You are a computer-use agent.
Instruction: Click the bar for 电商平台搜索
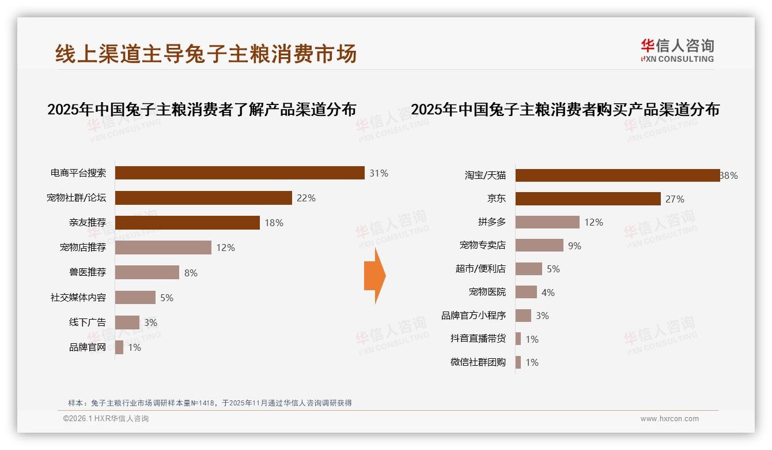click(240, 173)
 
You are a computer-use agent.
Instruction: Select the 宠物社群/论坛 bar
click(203, 198)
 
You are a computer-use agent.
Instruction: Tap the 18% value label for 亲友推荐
click(274, 223)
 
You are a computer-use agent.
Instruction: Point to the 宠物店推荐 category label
click(83, 247)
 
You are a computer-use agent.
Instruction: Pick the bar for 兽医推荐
click(147, 272)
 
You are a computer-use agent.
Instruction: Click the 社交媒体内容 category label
click(78, 298)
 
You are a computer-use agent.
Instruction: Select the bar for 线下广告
click(127, 322)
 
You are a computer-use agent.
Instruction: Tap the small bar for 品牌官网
click(119, 347)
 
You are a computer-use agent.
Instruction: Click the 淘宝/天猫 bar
click(618, 175)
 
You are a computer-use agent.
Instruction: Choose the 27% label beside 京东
click(675, 199)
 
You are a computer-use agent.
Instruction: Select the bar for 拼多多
click(547, 222)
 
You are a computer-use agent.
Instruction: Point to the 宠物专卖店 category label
click(483, 245)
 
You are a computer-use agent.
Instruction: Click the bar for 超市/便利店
click(529, 269)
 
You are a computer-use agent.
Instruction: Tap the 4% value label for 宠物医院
click(548, 292)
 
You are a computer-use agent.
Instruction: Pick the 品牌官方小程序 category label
click(474, 316)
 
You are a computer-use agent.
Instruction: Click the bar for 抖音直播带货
click(519, 339)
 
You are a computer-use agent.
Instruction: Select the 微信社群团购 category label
click(478, 362)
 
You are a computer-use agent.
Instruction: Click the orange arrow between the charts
click(374, 276)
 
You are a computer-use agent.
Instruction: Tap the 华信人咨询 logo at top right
click(677, 50)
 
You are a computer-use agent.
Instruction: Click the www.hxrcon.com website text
click(669, 419)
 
